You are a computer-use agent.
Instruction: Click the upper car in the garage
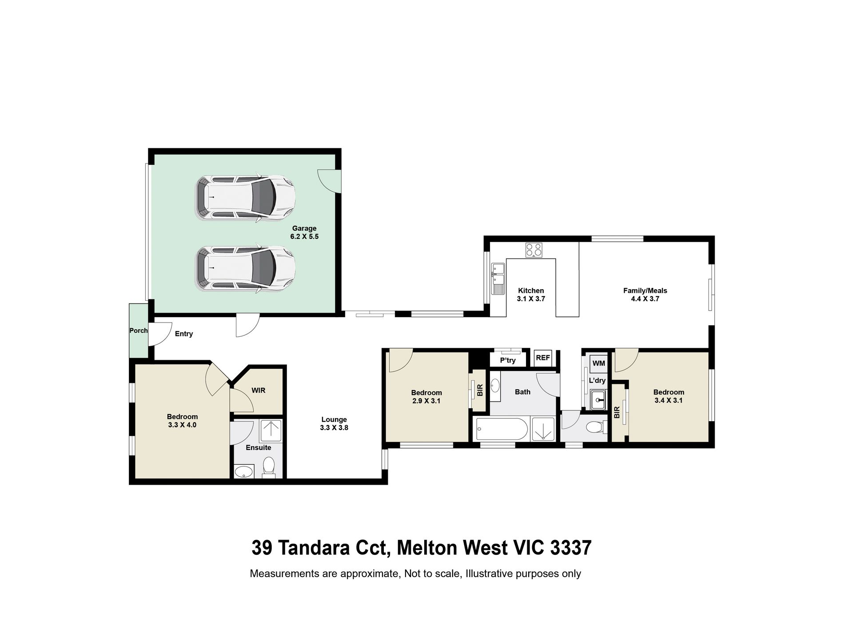point(246,197)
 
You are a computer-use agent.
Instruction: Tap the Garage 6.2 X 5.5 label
point(304,232)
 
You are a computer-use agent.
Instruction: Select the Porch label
point(138,330)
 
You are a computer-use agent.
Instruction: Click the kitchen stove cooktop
point(533,250)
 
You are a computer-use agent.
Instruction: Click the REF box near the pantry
point(543,358)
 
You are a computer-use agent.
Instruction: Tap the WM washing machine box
point(598,363)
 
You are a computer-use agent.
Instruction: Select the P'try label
point(508,360)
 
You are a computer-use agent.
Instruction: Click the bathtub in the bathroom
point(501,430)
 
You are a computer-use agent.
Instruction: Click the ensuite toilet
point(269,467)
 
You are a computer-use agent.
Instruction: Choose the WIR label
point(258,390)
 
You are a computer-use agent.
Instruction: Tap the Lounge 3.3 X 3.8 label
point(334,423)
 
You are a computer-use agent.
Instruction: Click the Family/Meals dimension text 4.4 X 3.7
point(645,299)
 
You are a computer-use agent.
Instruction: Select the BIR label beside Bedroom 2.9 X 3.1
point(479,390)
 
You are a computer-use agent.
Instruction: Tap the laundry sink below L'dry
point(599,399)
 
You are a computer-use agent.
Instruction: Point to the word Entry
point(183,334)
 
